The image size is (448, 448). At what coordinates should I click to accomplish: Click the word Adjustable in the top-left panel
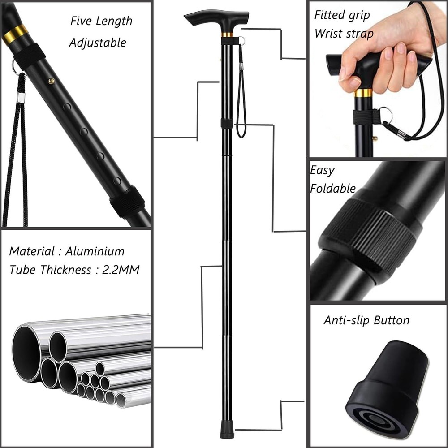pos(98,43)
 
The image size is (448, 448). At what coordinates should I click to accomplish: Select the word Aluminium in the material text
pos(95,251)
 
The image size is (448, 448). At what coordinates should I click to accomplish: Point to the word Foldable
pos(333,189)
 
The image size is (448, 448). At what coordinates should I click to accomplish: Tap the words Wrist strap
pos(344,34)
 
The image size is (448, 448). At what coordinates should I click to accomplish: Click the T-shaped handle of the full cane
pos(217,18)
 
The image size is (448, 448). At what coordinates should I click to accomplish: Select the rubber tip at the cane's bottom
pos(227,433)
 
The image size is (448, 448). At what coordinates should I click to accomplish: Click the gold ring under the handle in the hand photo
pos(363,93)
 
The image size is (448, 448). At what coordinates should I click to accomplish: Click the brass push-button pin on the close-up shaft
pos(52,81)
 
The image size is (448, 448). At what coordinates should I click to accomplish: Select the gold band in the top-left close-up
pos(15,34)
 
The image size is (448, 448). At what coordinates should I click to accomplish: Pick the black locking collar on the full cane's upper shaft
pos(227,124)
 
